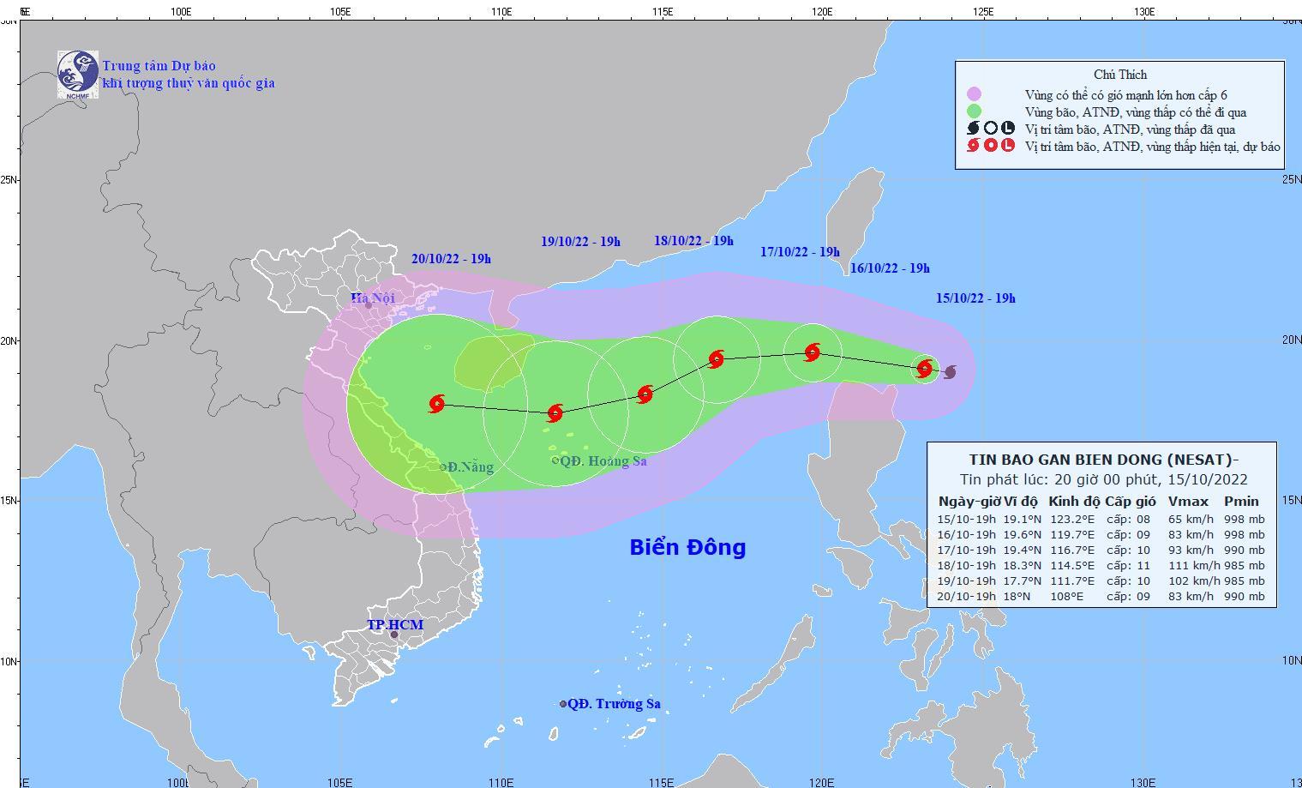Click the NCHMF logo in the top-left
click(x=77, y=74)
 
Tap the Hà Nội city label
click(x=373, y=298)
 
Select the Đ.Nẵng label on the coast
click(x=471, y=467)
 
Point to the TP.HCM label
click(x=395, y=625)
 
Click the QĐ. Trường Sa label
click(x=614, y=704)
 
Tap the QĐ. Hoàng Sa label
click(x=603, y=461)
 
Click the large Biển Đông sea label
click(x=687, y=547)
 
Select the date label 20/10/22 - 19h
click(x=451, y=259)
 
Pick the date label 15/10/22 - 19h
click(x=975, y=298)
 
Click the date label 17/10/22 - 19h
click(x=800, y=252)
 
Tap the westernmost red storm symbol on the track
click(x=437, y=404)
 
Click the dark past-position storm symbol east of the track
click(x=950, y=372)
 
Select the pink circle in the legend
click(x=974, y=94)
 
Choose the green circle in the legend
click(x=974, y=111)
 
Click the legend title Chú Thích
click(x=1119, y=75)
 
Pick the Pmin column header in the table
click(x=1241, y=502)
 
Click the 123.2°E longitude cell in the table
click(x=1072, y=519)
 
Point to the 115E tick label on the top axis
click(x=662, y=11)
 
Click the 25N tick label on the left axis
click(x=9, y=179)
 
